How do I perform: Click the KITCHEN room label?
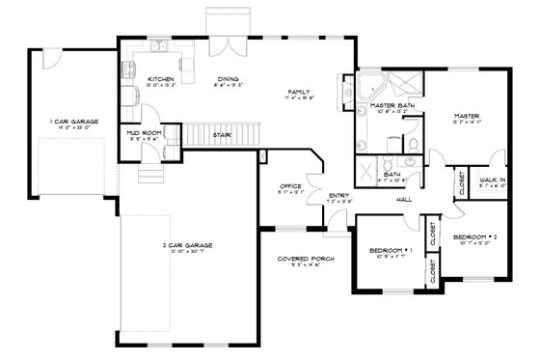[160, 79]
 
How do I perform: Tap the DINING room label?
[228, 79]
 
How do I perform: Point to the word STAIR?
[221, 135]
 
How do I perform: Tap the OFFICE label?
[291, 185]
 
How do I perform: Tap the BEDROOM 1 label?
[391, 251]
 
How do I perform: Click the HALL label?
[404, 200]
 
